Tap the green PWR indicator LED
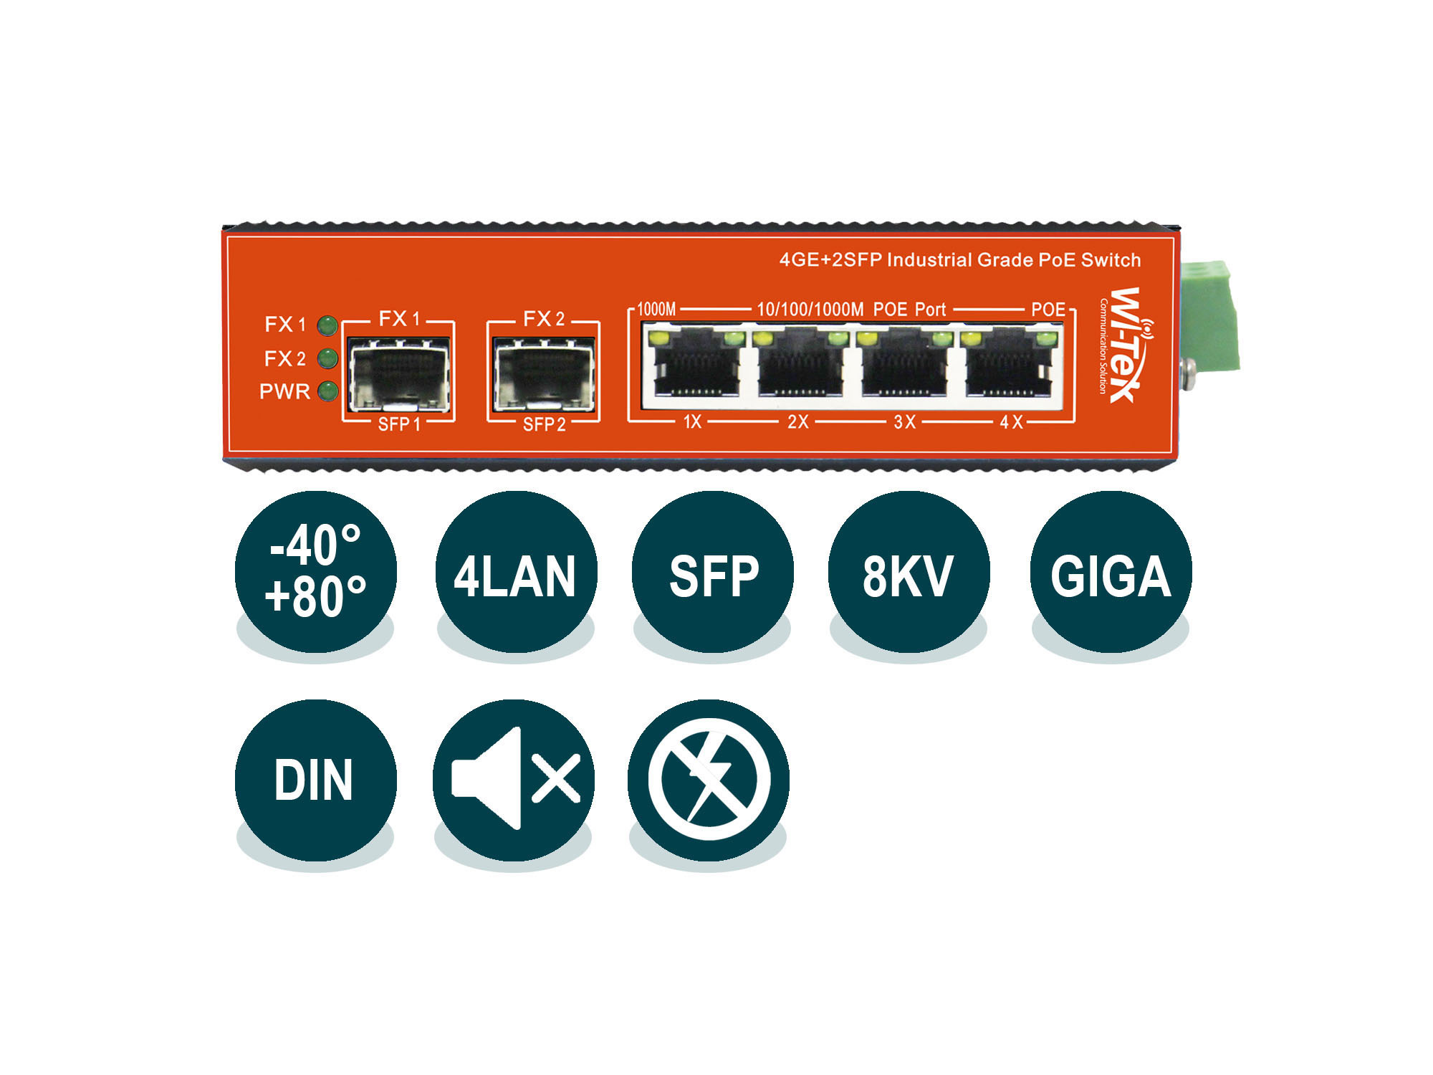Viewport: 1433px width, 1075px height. tap(327, 391)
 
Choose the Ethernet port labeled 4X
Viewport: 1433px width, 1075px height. tap(1011, 365)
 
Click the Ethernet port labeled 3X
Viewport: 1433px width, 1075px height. tap(906, 365)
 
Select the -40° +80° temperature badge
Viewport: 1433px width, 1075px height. tap(315, 572)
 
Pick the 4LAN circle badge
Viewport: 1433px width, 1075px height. tap(516, 572)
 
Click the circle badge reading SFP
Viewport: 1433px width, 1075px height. tap(713, 572)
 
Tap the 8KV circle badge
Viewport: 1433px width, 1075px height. tap(909, 572)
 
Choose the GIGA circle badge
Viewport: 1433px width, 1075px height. tap(1111, 572)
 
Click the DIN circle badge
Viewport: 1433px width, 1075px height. tap(315, 780)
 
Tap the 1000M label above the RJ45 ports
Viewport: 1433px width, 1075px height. tap(656, 310)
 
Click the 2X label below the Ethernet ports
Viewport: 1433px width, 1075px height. tap(798, 421)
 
